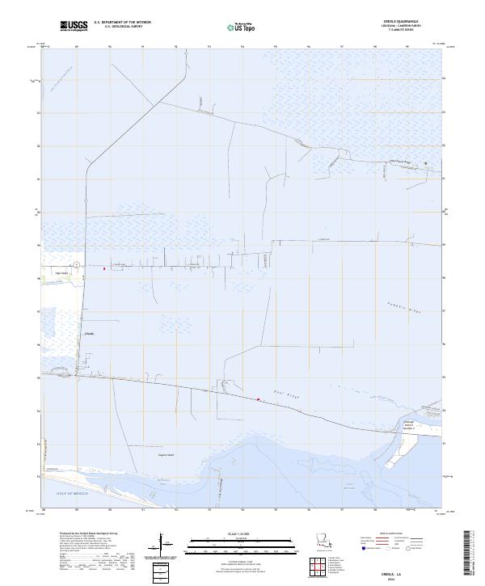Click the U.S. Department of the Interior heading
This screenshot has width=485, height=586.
coord(123,23)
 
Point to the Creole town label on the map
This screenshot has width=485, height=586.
coord(90,332)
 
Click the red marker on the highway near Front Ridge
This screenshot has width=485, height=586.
coord(259,399)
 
